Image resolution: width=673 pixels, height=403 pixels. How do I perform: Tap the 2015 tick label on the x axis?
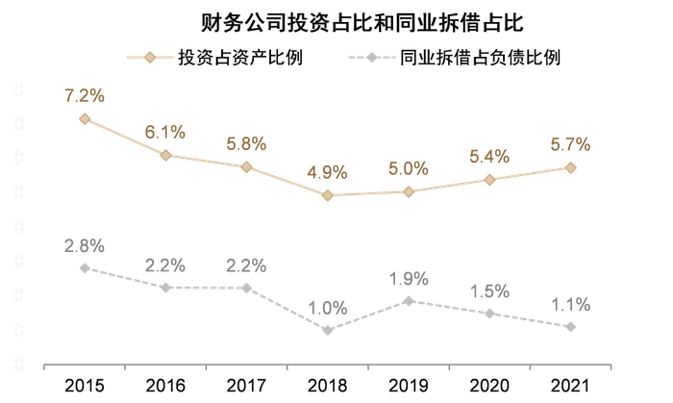85,386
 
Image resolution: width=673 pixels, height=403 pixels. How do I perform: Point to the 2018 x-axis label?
328,386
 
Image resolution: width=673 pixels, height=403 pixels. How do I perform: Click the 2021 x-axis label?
571,386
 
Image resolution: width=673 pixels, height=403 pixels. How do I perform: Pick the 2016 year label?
165,386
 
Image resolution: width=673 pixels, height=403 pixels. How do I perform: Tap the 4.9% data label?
328,173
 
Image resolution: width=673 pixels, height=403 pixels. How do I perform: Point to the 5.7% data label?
571,145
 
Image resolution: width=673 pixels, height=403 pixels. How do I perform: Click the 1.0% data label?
328,308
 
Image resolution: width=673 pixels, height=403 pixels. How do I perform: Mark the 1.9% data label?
409,279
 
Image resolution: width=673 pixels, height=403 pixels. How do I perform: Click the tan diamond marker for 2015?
85,119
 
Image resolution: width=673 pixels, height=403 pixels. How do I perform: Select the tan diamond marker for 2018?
328,195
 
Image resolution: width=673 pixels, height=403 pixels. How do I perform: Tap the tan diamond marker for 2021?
571,167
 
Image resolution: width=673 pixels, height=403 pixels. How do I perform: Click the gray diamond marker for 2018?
328,330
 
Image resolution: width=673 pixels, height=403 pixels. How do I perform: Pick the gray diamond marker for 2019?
409,301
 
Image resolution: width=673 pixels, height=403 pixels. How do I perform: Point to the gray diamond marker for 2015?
85,268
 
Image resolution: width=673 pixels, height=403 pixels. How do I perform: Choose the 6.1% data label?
165,132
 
